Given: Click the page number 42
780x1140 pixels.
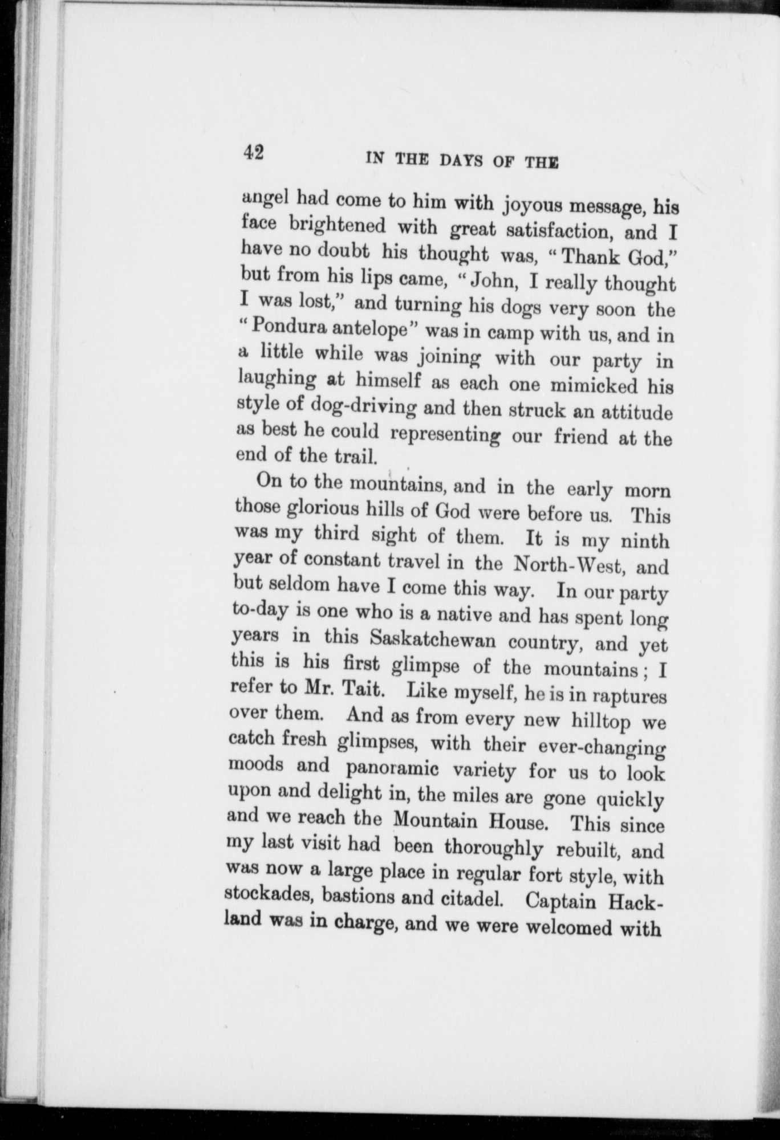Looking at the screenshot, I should coord(251,154).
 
